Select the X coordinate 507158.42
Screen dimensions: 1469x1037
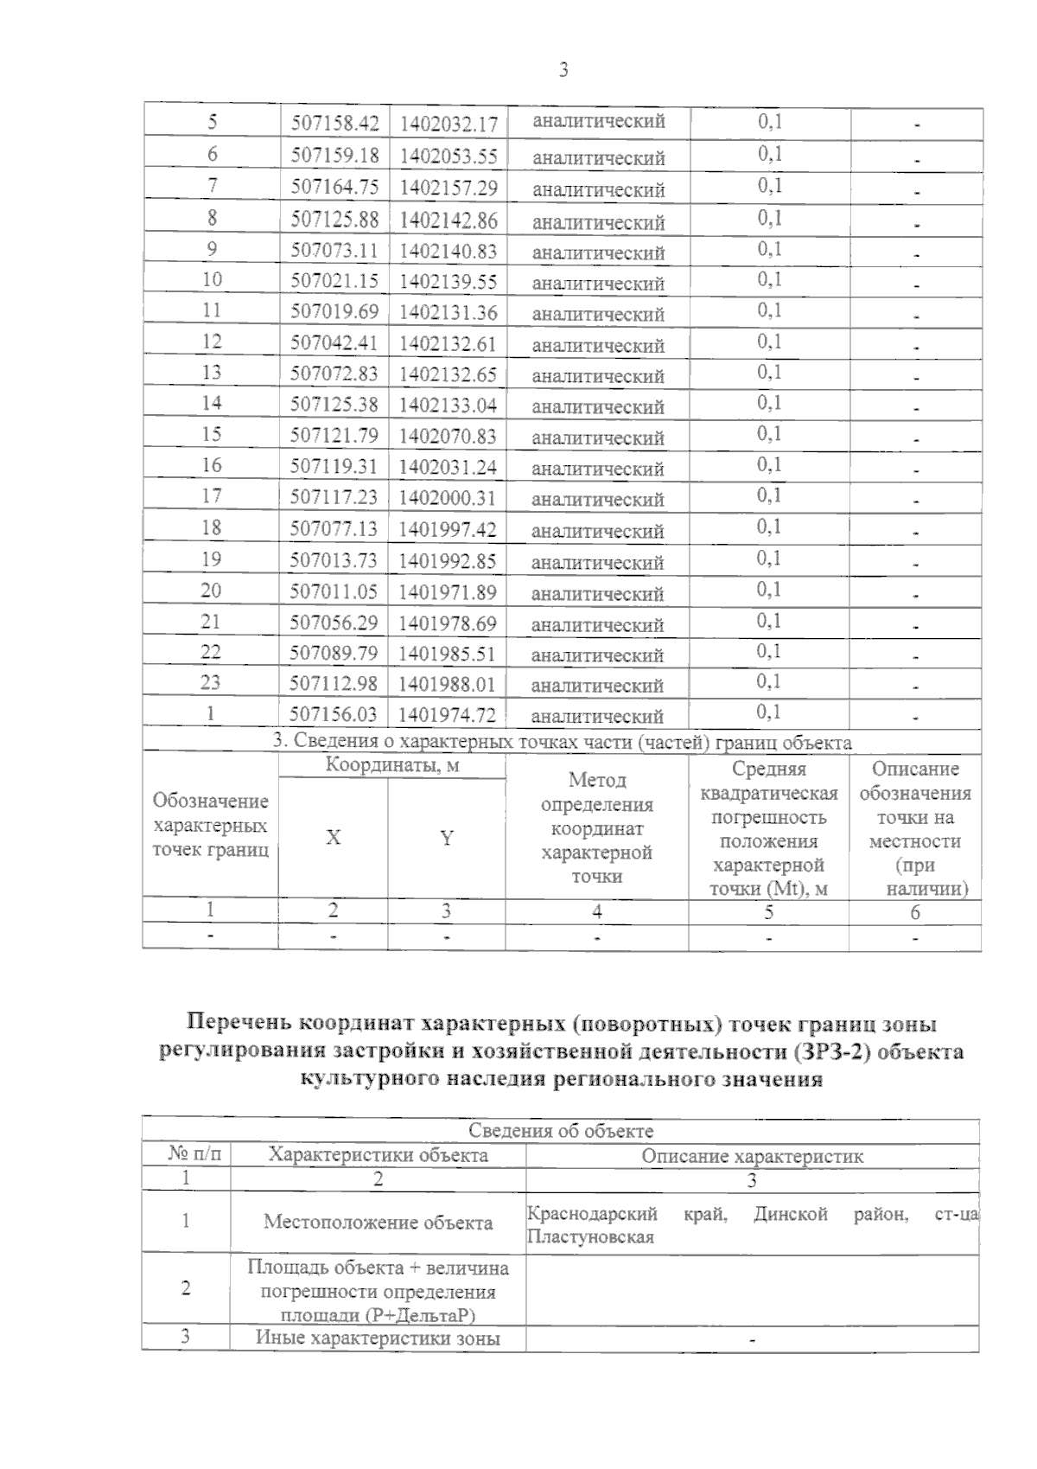click(x=334, y=124)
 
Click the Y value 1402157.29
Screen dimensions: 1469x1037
click(x=448, y=188)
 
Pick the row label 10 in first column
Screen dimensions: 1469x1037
click(x=212, y=280)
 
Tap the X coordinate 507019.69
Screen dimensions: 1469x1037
click(x=334, y=311)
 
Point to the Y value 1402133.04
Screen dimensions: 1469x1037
click(x=448, y=405)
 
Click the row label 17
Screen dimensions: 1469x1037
click(x=212, y=496)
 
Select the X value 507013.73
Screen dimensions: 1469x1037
click(x=334, y=560)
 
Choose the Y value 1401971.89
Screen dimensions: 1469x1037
click(x=447, y=592)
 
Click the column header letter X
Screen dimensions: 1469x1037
click(x=333, y=838)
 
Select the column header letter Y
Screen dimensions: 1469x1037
click(x=447, y=838)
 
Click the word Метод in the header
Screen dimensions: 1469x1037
click(x=596, y=781)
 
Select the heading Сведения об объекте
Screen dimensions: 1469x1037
click(x=561, y=1131)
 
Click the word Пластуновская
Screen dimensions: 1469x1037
click(x=590, y=1237)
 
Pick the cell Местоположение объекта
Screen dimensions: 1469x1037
click(x=378, y=1223)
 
